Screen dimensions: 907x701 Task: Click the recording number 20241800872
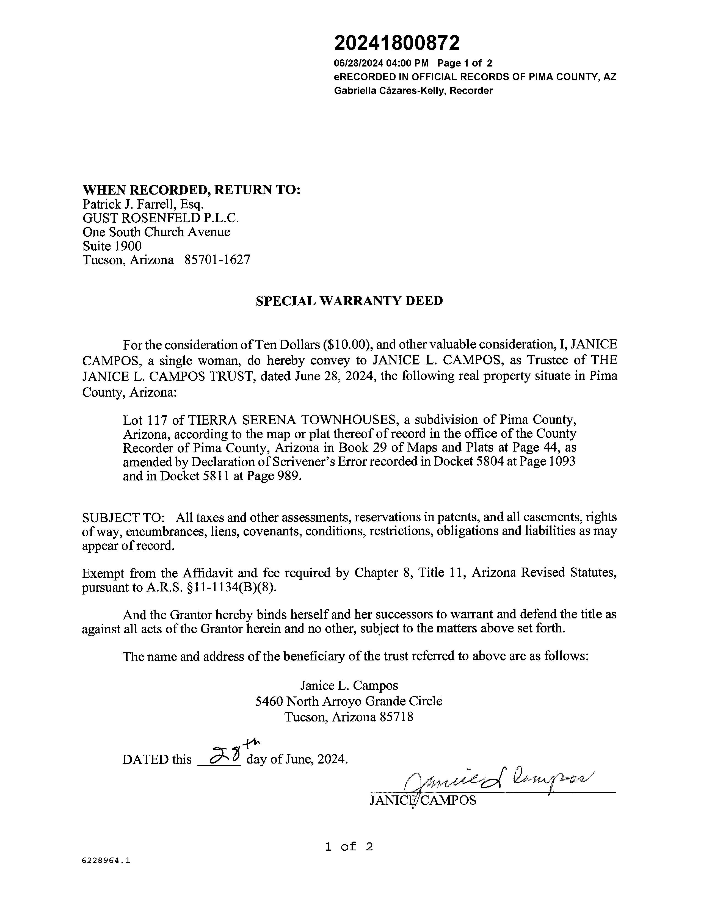pyautogui.click(x=397, y=43)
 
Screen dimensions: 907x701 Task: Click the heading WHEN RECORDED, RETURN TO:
pyautogui.click(x=191, y=190)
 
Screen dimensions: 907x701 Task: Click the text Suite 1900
pyautogui.click(x=112, y=246)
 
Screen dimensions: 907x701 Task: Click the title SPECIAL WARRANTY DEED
pyautogui.click(x=349, y=301)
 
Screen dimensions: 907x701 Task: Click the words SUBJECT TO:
pyautogui.click(x=123, y=518)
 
